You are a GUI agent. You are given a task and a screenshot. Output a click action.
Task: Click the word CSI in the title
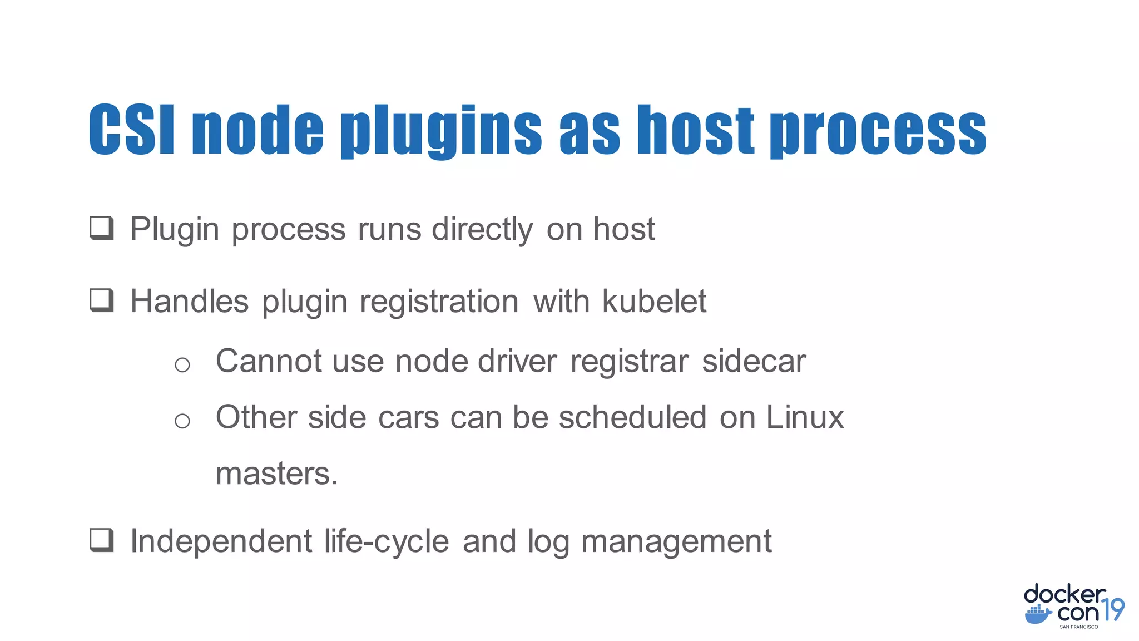point(132,130)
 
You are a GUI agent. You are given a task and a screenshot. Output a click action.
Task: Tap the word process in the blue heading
point(878,131)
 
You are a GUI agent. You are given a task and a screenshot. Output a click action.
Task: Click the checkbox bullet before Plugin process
point(102,228)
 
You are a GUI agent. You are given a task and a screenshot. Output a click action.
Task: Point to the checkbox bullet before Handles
point(102,300)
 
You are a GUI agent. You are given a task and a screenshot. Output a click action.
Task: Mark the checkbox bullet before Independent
point(102,540)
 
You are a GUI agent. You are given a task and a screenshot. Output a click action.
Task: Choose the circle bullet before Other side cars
point(182,421)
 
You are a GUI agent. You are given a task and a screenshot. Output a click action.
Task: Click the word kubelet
point(654,302)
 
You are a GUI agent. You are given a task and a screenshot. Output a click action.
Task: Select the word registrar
point(630,362)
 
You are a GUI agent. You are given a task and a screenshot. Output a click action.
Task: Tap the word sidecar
point(754,362)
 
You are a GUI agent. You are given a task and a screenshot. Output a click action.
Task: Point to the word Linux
point(805,417)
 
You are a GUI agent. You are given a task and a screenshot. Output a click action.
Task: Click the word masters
point(276,474)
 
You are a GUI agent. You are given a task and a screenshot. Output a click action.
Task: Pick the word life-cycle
point(387,541)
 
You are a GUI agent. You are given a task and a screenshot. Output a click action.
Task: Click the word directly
point(482,230)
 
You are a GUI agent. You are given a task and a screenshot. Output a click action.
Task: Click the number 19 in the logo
point(1113,610)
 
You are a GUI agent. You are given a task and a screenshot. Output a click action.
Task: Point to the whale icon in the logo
point(1038,615)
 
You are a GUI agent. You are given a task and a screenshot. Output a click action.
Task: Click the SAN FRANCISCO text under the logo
point(1078,627)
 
